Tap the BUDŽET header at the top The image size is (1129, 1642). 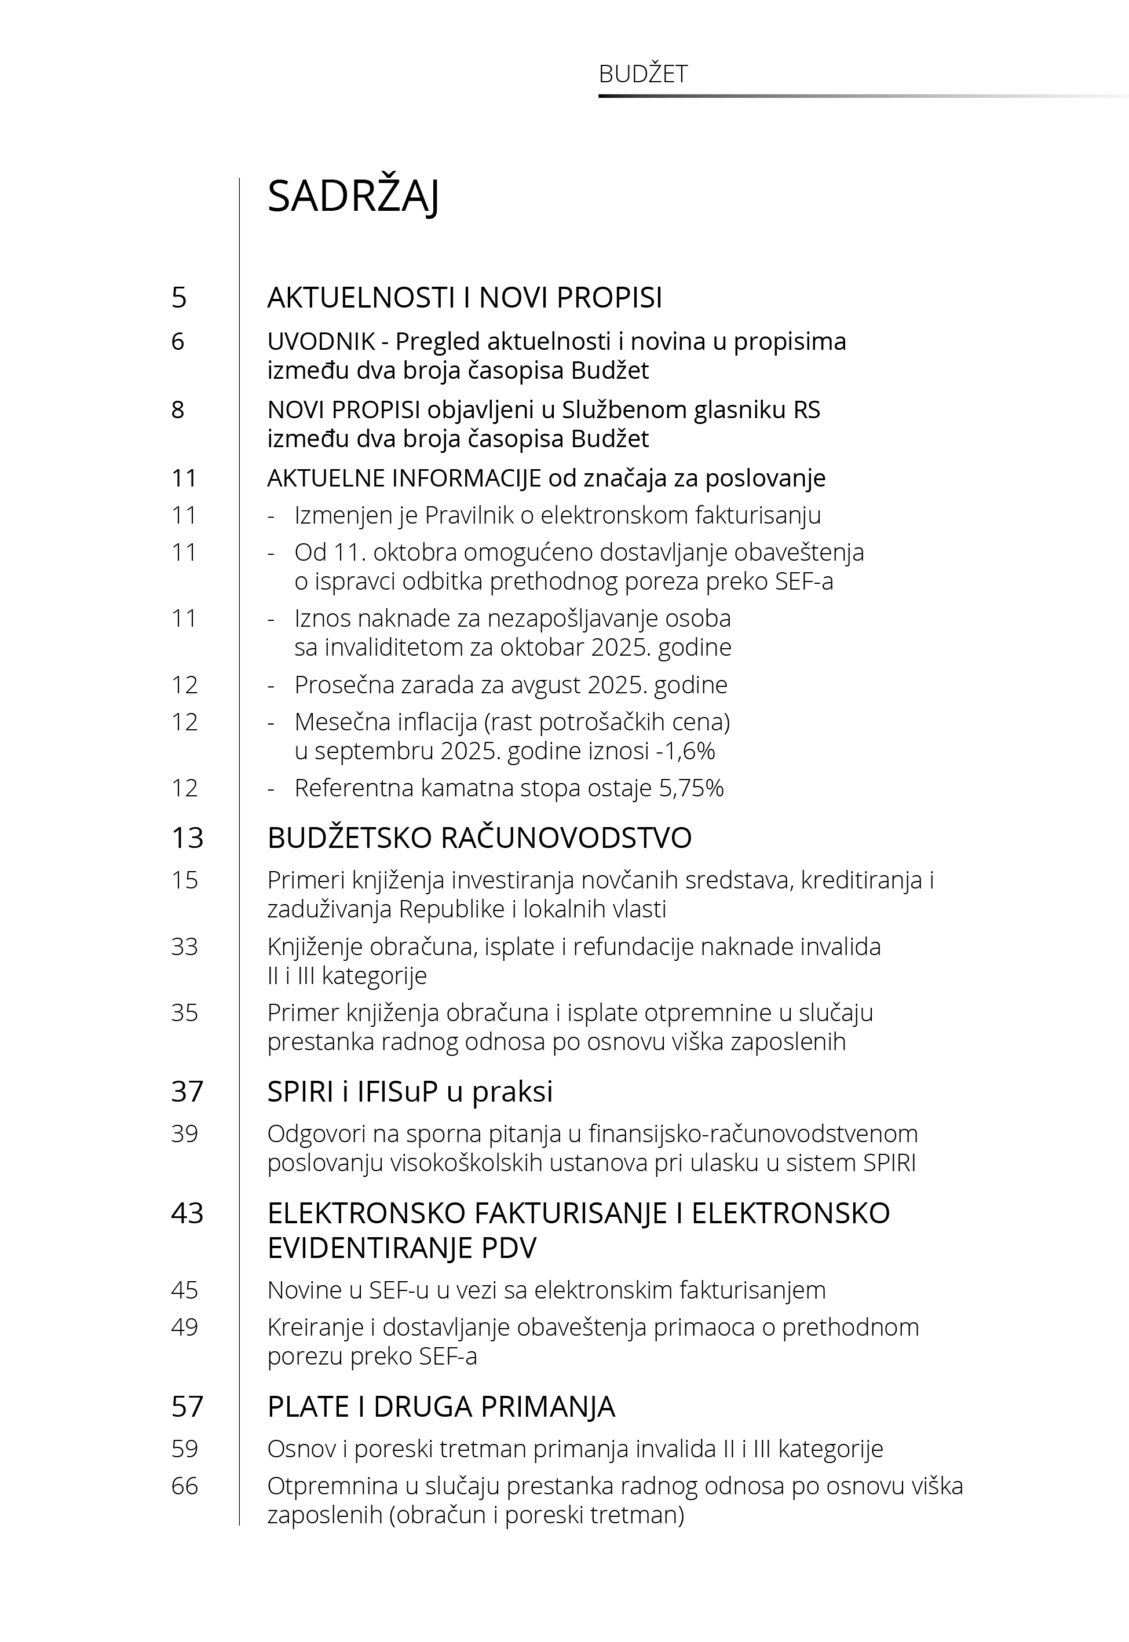pyautogui.click(x=642, y=74)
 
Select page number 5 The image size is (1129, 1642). pyautogui.click(x=179, y=298)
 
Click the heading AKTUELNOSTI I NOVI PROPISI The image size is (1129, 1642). pyautogui.click(x=464, y=298)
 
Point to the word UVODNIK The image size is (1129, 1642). pyautogui.click(x=321, y=342)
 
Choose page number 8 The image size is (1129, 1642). pyautogui.click(x=178, y=410)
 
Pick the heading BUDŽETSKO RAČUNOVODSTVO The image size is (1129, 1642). pyautogui.click(x=479, y=838)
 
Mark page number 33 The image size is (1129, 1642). pyautogui.click(x=184, y=947)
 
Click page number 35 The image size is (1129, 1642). pyautogui.click(x=184, y=1012)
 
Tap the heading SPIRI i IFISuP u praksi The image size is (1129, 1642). pyautogui.click(x=410, y=1092)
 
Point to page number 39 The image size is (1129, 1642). pyautogui.click(x=184, y=1133)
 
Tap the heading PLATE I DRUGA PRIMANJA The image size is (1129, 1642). pyautogui.click(x=441, y=1407)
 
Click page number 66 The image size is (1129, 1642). pyautogui.click(x=184, y=1486)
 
